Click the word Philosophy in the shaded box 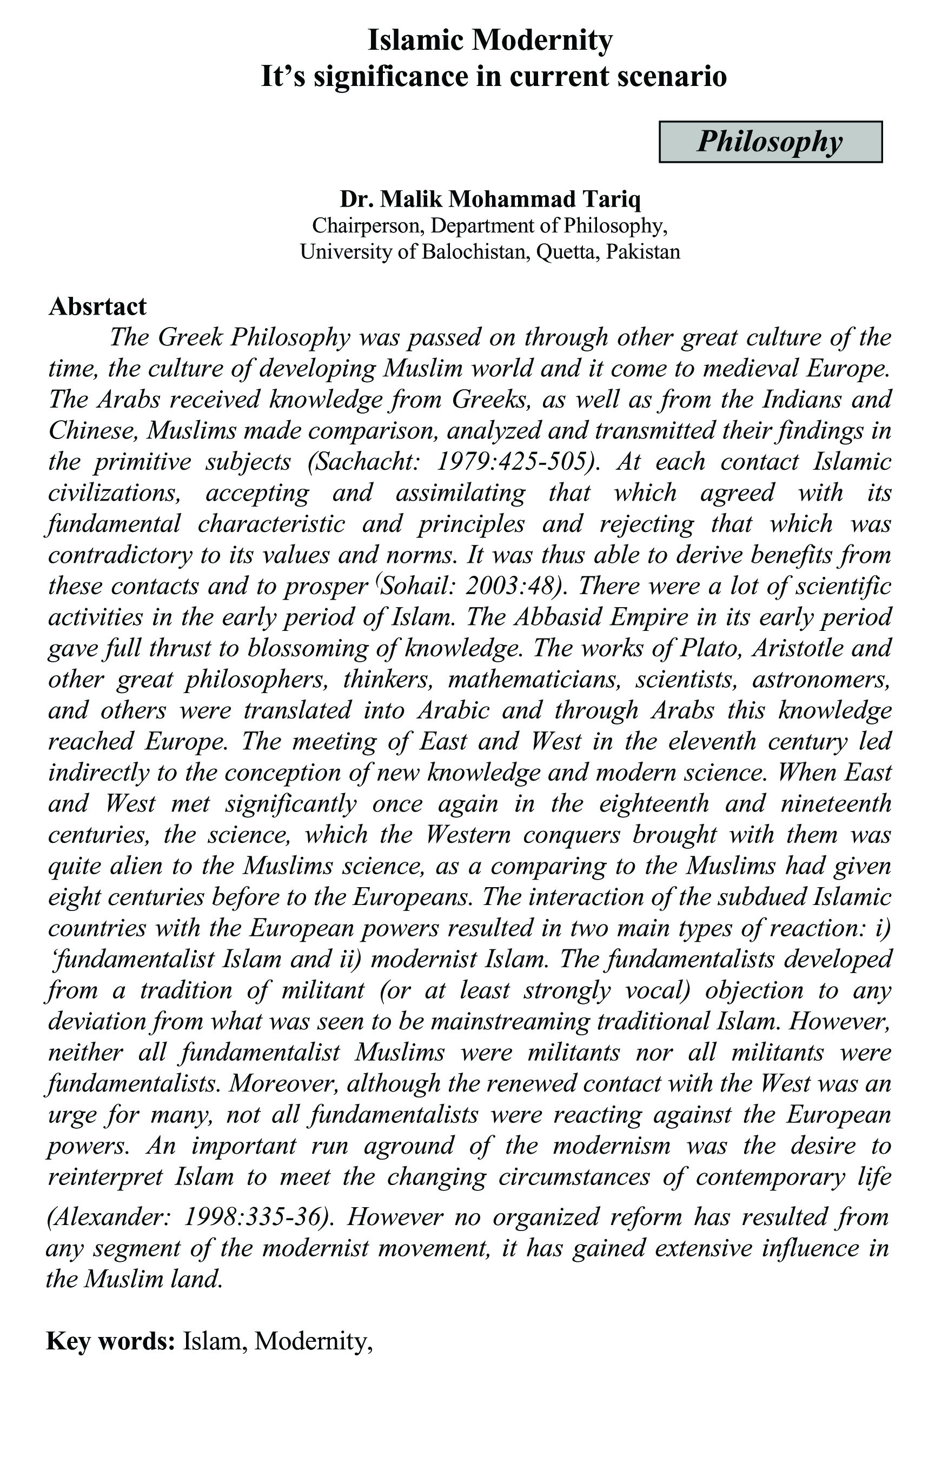point(770,142)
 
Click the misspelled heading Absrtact point(97,307)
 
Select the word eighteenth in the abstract point(654,804)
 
